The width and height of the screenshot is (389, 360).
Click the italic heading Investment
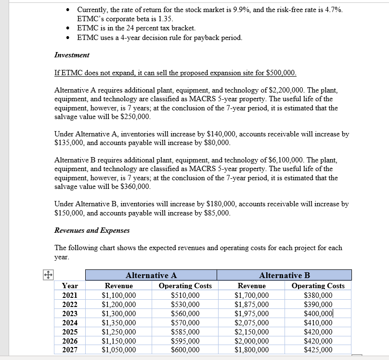[x=72, y=55]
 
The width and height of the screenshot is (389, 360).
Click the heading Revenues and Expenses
[x=92, y=230]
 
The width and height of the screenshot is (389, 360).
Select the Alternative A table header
[x=151, y=276]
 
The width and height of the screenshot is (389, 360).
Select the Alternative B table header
[x=284, y=276]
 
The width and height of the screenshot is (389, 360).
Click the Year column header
[x=70, y=286]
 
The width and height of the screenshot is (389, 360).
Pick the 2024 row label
[x=70, y=322]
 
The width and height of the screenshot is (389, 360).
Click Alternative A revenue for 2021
[x=119, y=295]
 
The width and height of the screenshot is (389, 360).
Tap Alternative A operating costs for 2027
[x=185, y=350]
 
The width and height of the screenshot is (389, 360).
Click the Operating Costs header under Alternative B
[x=318, y=286]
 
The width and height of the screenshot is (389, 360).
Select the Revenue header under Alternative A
[x=119, y=286]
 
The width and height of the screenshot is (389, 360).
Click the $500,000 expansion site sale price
[x=281, y=73]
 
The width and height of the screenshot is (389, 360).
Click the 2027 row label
[x=70, y=350]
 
